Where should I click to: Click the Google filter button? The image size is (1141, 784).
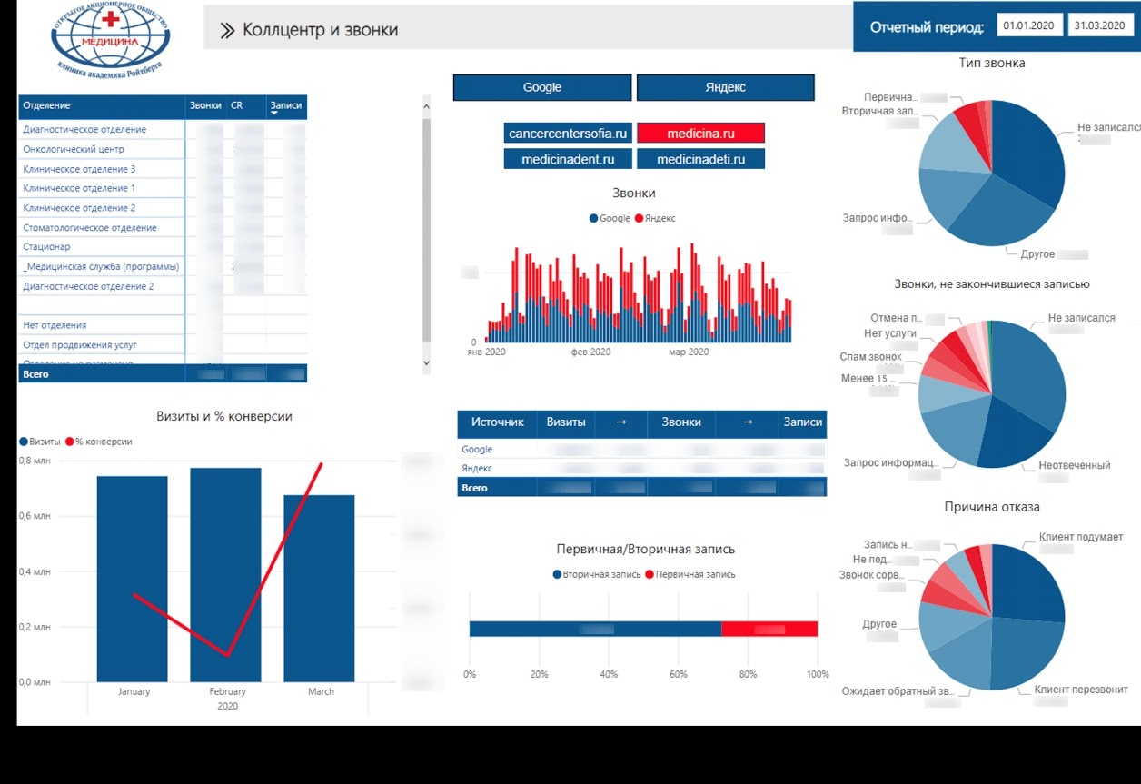coord(542,87)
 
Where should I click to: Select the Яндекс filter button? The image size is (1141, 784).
coord(725,87)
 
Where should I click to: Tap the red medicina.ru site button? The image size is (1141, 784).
coord(700,134)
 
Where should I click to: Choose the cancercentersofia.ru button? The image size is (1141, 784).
coord(568,134)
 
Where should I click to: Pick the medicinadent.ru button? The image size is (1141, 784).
coord(568,159)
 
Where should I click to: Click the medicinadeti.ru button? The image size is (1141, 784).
coord(700,159)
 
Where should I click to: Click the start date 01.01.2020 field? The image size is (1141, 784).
coord(1029,25)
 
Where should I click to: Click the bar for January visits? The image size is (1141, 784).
coord(133,578)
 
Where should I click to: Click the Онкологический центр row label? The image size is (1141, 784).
coord(74,149)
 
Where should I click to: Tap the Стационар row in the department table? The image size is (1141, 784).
coord(46,247)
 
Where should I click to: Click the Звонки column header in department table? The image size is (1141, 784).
coord(205,105)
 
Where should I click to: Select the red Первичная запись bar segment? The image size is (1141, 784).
coord(769,629)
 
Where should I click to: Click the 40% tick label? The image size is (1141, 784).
coord(609,675)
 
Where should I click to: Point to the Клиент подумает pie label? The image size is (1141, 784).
coord(1081,537)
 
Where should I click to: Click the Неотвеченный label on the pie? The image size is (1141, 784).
coord(1074,465)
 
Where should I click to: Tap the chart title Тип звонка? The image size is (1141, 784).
coord(992,63)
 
